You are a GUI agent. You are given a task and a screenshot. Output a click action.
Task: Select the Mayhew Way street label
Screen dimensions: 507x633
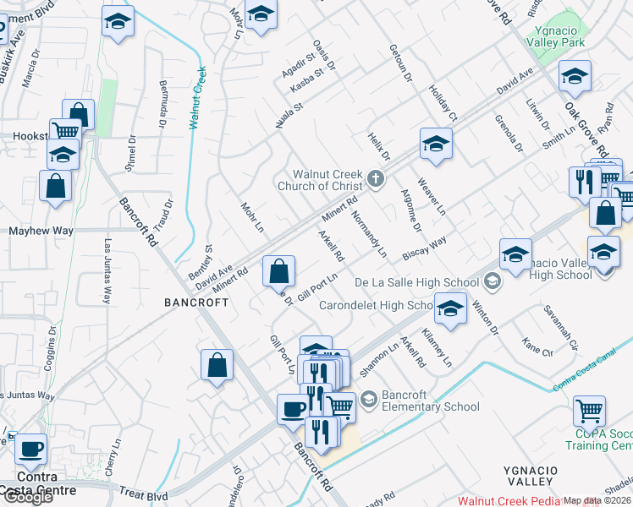[x=41, y=230]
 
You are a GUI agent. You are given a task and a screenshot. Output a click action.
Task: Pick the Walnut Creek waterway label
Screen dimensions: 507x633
[x=198, y=97]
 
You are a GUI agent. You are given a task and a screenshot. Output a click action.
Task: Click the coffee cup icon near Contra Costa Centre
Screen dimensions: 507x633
[x=31, y=448]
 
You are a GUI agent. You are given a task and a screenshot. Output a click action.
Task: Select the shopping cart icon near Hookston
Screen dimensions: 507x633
[x=66, y=131]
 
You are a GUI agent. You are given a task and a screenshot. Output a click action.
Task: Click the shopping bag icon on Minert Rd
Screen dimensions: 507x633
[x=278, y=271]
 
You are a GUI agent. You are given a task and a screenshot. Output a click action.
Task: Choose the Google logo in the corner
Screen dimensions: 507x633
[x=28, y=497]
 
